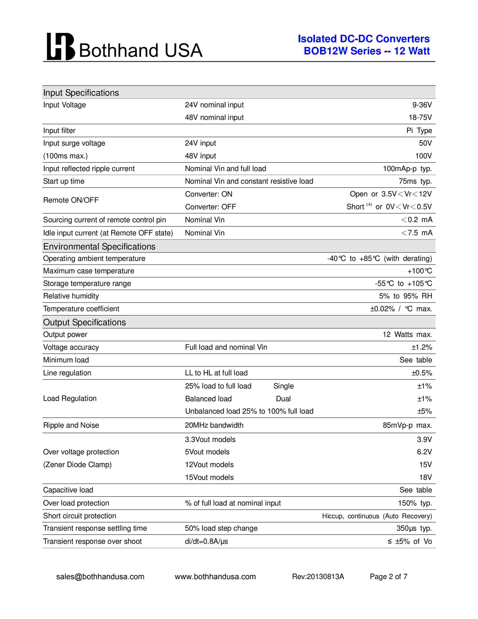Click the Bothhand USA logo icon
point(61,47)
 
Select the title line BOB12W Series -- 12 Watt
point(366,51)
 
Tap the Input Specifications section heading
point(81,93)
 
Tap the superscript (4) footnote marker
point(369,204)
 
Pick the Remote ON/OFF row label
point(71,200)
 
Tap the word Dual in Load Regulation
point(283,399)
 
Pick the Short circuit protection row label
point(79,516)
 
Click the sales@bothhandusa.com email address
point(100,576)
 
